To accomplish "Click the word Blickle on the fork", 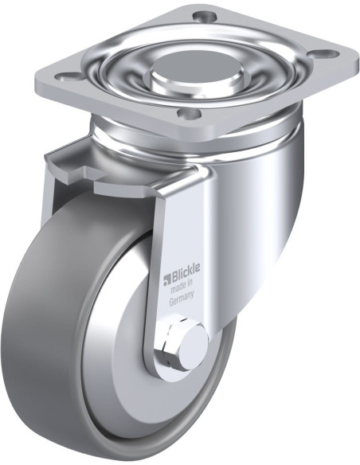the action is tap(186, 272).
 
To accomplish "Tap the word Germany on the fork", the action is tap(182, 299).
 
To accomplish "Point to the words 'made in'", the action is tap(182, 287).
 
